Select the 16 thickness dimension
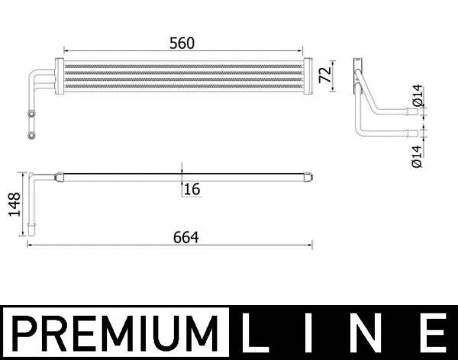192,189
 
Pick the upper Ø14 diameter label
418,98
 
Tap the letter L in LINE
260,333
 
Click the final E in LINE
432,333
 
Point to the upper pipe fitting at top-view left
31,114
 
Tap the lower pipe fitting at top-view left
31,137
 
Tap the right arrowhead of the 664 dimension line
311,245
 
